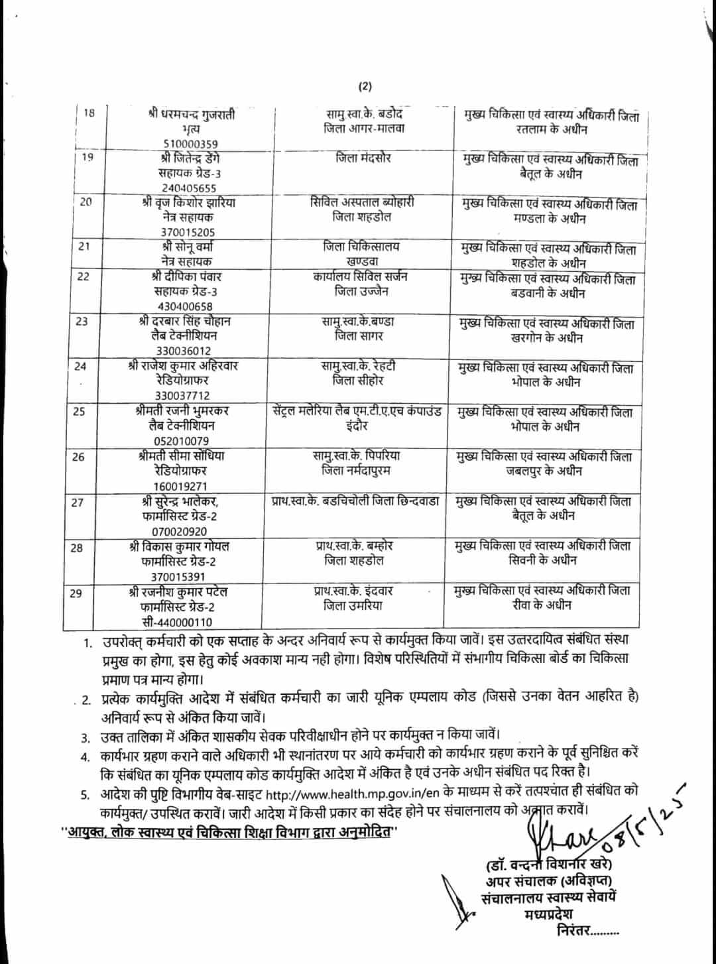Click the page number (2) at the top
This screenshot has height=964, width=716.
click(x=366, y=86)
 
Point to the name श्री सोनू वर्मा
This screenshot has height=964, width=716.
click(x=186, y=247)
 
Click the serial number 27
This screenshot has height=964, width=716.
click(x=78, y=503)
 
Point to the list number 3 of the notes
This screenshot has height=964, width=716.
click(x=86, y=737)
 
